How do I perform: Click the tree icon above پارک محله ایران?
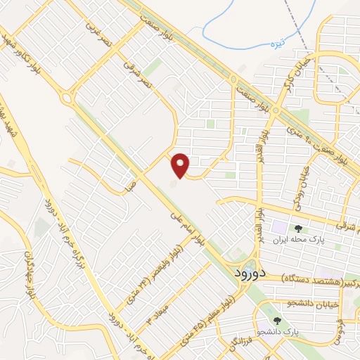coord(299,228)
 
